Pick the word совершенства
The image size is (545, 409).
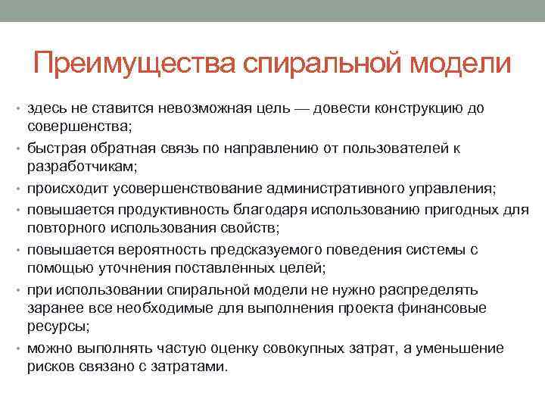78,124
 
